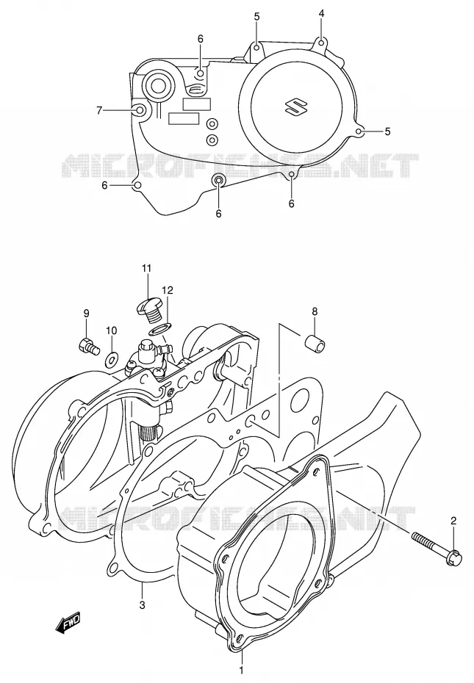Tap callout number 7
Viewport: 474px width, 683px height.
click(99, 111)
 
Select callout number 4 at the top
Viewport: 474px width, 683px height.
click(321, 13)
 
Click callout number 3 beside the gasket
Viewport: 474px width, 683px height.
click(142, 604)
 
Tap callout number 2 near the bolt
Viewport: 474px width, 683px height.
click(453, 520)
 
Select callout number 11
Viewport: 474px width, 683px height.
click(146, 268)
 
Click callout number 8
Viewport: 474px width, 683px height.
click(315, 311)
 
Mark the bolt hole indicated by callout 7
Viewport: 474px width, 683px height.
click(140, 111)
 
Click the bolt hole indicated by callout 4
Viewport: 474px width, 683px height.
click(321, 43)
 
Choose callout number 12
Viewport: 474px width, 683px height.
click(167, 289)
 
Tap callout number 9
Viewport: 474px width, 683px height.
click(86, 313)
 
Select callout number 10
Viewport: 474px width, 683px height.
click(111, 330)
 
